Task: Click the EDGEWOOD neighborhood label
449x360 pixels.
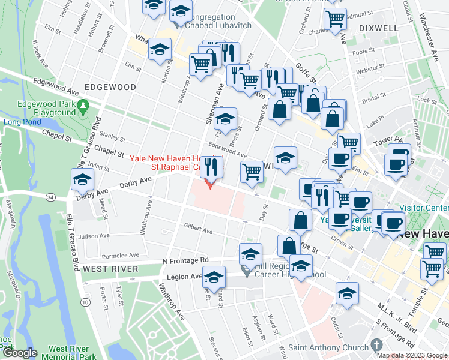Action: click(110, 87)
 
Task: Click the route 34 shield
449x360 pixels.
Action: click(51, 197)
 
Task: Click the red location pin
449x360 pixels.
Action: click(209, 182)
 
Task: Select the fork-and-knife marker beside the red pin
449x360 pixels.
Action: click(209, 166)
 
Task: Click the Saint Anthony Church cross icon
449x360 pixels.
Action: click(377, 345)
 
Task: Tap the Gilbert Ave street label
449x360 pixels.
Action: click(199, 230)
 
